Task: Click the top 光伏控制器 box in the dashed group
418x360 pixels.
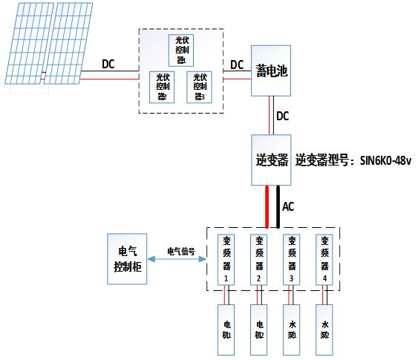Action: [181, 50]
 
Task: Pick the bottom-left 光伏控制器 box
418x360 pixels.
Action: [163, 86]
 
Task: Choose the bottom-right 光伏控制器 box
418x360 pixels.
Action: [198, 86]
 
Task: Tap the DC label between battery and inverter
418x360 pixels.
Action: [283, 117]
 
